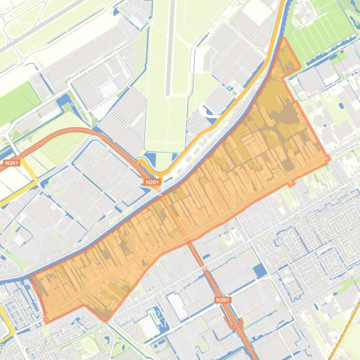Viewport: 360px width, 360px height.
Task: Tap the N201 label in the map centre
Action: tap(152, 182)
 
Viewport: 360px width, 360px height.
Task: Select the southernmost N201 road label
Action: tap(223, 300)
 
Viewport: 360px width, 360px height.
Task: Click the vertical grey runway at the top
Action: tap(170, 47)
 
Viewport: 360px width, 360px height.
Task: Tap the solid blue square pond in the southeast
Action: tap(259, 270)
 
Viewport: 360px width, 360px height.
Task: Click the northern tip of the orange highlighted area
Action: tap(283, 39)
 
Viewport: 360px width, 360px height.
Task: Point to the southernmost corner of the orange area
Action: tap(106, 321)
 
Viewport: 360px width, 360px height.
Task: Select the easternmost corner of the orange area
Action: tap(329, 158)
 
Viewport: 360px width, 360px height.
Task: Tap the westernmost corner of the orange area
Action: tap(31, 277)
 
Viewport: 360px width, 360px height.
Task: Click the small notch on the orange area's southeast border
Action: tap(292, 184)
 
